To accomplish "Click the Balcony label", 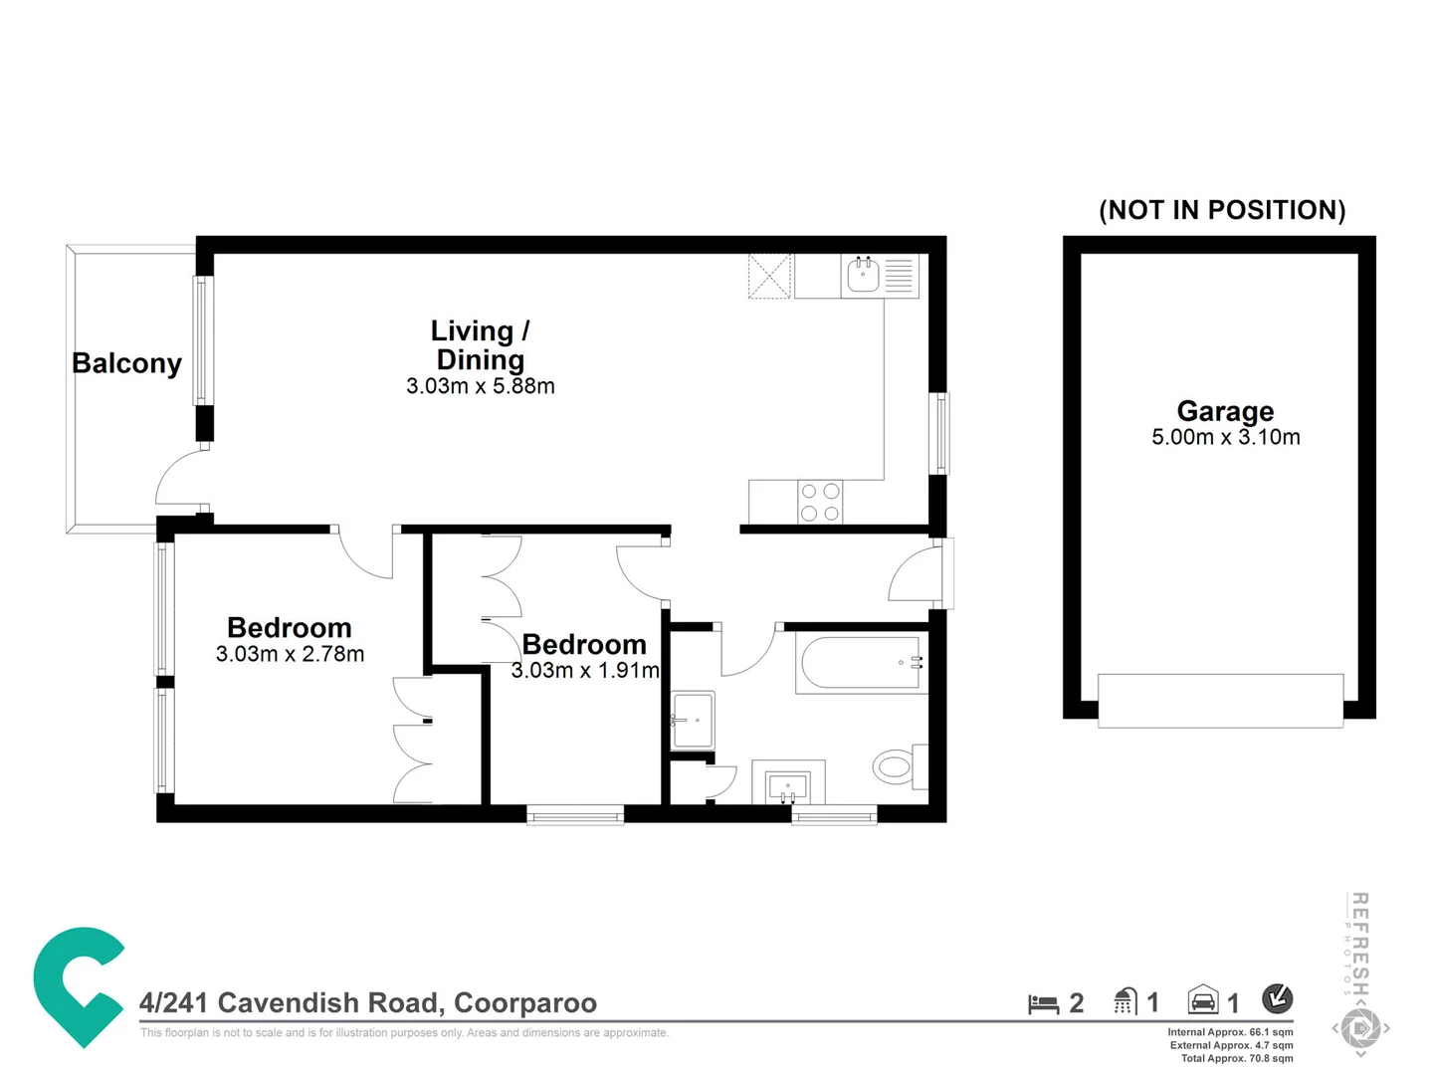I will point(126,363).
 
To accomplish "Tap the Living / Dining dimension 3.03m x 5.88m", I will point(480,386).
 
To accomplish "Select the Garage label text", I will point(1225,410).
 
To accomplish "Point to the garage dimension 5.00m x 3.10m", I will point(1225,437).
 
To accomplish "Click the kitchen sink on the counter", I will point(863,275).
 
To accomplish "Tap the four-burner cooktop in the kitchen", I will point(820,502).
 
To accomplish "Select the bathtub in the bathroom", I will point(861,663).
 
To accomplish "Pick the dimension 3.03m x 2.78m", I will point(290,654).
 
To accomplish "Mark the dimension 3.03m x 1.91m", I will point(585,671).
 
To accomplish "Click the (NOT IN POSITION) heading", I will point(1221,210).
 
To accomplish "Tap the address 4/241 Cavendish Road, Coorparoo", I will point(368,1002).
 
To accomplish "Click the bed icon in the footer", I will point(1043,1003).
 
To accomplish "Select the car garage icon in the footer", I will point(1203,1000).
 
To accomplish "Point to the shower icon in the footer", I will point(1126,1001).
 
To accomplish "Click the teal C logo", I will point(77,985).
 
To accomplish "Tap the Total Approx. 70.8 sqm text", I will point(1236,1058).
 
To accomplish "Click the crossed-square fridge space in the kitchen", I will point(769,276).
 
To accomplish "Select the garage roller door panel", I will point(1220,700).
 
